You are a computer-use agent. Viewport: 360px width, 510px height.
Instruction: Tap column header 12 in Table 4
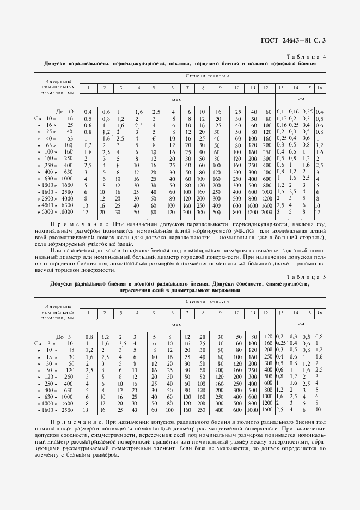(266, 88)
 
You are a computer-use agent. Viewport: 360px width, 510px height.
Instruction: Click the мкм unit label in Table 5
(176, 324)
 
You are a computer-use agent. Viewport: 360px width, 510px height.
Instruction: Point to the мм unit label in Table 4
(300, 99)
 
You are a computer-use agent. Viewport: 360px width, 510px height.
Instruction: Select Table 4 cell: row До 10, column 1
(88, 112)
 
